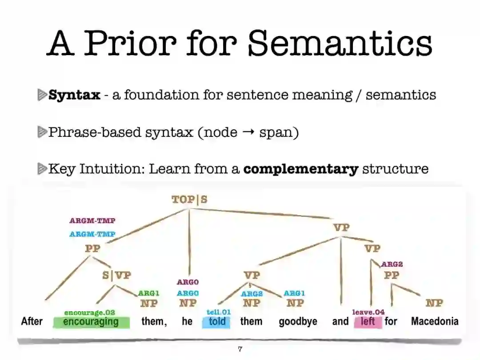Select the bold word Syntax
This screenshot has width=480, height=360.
click(x=74, y=95)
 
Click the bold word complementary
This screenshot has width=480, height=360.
click(x=301, y=169)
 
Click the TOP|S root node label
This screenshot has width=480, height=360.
click(x=190, y=200)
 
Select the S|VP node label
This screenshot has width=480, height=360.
click(x=116, y=275)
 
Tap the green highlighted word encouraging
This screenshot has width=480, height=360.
click(x=91, y=321)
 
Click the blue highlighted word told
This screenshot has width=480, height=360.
click(x=217, y=321)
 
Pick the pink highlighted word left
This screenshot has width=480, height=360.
click(x=368, y=321)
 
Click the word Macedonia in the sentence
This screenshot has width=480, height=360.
click(x=434, y=321)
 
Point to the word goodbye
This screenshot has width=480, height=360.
click(x=298, y=321)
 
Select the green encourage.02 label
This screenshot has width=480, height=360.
click(x=89, y=312)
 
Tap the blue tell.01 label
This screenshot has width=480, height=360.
click(x=219, y=312)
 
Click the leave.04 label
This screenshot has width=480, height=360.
click(x=368, y=312)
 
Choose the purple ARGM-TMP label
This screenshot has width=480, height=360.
click(x=92, y=220)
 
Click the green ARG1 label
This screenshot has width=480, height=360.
click(x=148, y=293)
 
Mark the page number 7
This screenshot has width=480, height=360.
click(x=240, y=349)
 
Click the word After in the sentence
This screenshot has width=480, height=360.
click(x=32, y=321)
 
